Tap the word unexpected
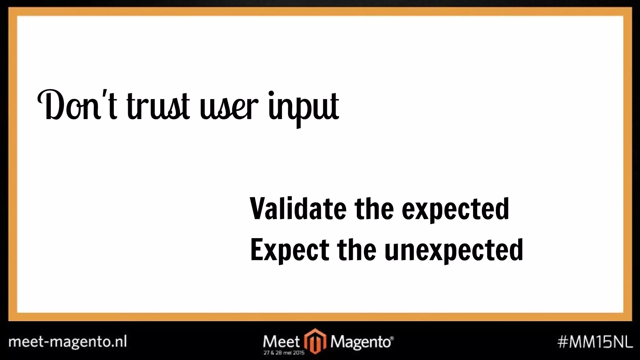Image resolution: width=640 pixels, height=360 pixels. [x=453, y=251]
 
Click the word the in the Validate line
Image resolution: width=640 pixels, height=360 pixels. [x=374, y=208]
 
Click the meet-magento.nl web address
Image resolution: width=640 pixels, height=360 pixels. [x=67, y=342]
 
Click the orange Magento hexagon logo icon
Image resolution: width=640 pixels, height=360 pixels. [x=315, y=341]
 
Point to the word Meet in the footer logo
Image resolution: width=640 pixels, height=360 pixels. [x=281, y=341]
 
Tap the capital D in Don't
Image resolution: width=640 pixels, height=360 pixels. [x=52, y=106]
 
